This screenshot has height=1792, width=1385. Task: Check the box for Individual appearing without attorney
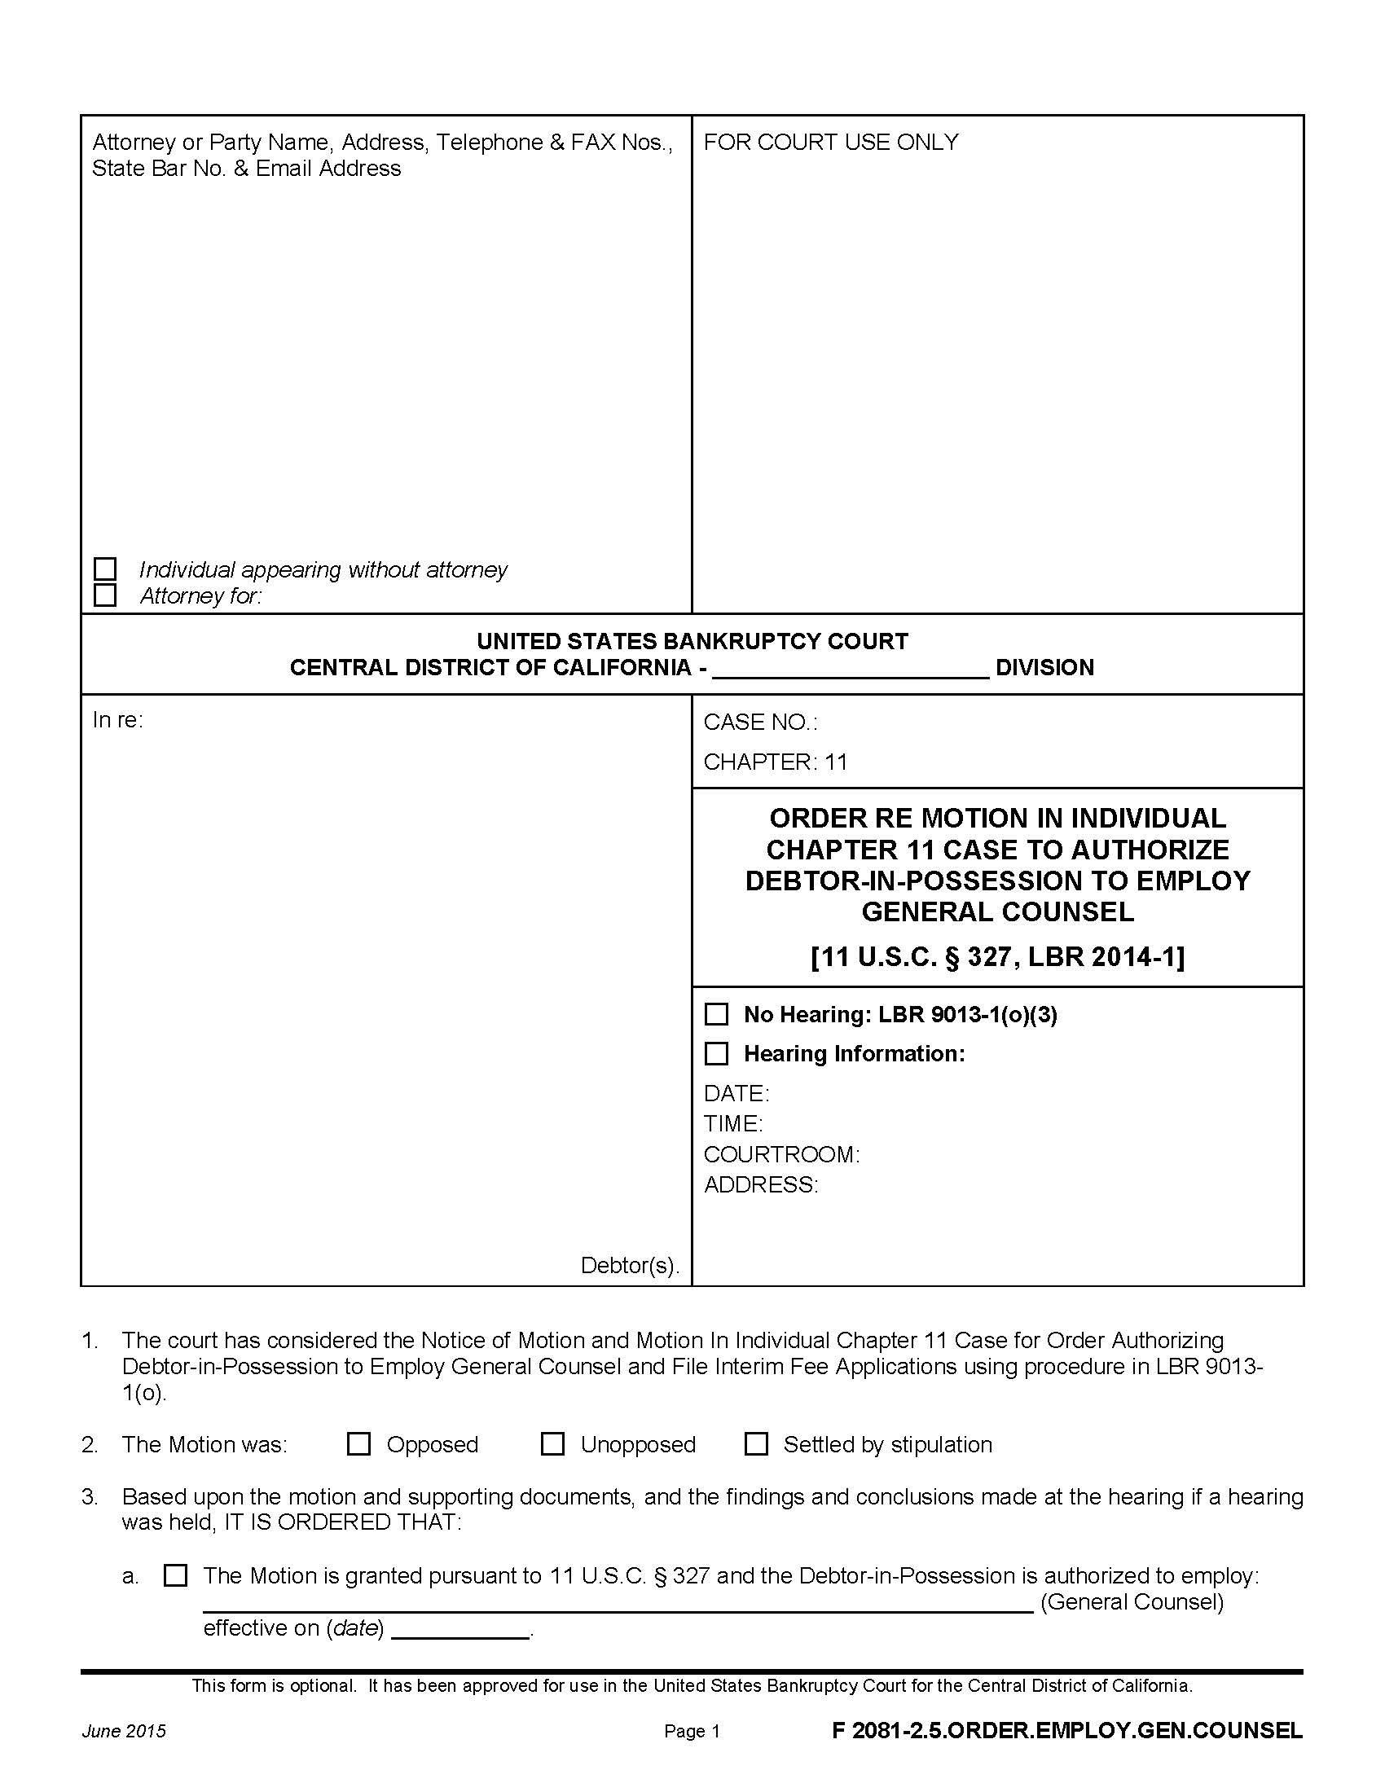pos(105,569)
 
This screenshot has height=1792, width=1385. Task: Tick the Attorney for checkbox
pos(105,595)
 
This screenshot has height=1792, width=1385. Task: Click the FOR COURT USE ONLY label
pos(830,142)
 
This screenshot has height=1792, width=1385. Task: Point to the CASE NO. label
pos(760,722)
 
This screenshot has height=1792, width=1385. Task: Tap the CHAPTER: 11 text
pos(775,762)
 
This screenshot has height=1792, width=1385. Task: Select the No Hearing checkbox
pos(716,1014)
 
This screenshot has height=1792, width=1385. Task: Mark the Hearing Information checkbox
pos(716,1053)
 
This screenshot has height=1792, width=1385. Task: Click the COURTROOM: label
pos(781,1154)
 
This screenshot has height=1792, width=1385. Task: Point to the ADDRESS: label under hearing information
pos(761,1185)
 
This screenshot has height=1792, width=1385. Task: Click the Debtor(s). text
pos(629,1265)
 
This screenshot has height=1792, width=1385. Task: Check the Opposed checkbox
pos(358,1444)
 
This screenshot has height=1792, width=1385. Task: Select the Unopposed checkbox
pos(552,1444)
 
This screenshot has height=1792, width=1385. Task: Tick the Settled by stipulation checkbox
pos(756,1444)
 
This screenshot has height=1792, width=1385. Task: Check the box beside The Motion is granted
pos(176,1575)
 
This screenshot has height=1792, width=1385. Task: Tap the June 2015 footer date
pos(123,1731)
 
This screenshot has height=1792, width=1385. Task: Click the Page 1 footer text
pos(692,1731)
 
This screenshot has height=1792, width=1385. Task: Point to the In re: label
pos(117,719)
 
